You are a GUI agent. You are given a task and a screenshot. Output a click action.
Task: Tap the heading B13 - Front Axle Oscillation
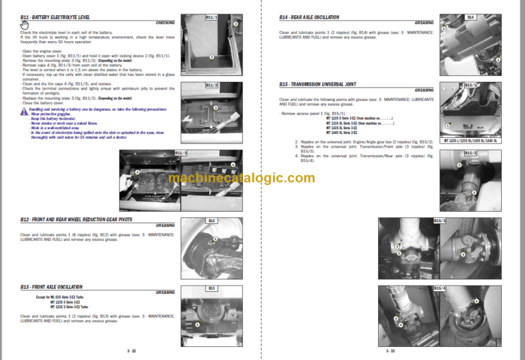[x=52, y=287]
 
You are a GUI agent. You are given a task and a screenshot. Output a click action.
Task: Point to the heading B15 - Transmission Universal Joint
[x=319, y=84]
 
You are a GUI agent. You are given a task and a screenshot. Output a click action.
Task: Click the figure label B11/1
[x=211, y=16]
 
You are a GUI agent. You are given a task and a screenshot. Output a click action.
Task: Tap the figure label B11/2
[x=211, y=85]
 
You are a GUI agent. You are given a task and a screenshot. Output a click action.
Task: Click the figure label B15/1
[x=470, y=85]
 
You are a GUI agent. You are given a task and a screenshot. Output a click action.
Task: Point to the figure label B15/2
[x=470, y=153]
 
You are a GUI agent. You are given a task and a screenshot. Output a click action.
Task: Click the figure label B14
[x=470, y=16]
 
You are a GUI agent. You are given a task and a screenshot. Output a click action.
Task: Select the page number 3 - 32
[x=131, y=350]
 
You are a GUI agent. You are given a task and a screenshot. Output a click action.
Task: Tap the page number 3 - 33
[x=390, y=350]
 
